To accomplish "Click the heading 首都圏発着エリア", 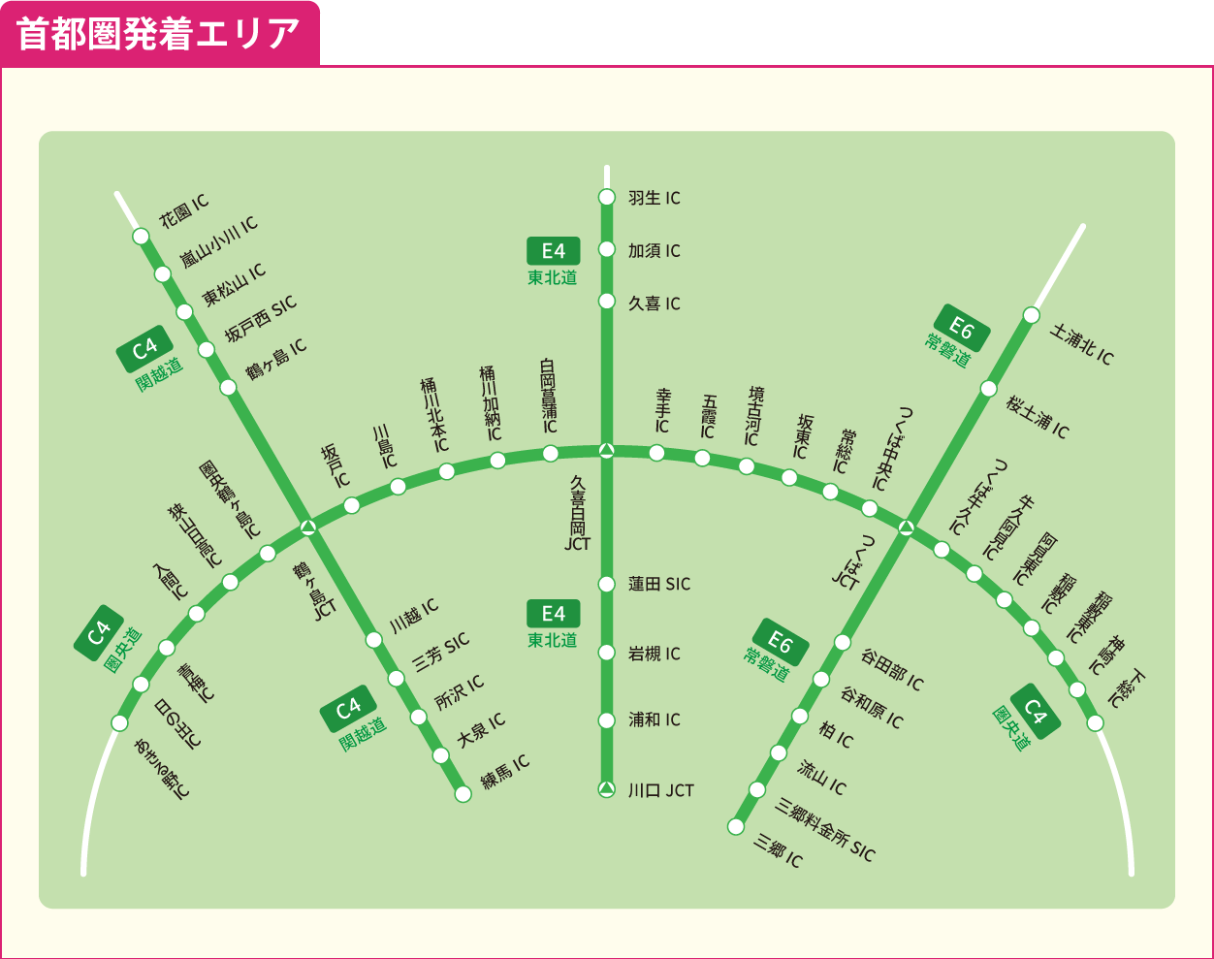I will point(159,34).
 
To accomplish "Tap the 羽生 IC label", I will point(655,198).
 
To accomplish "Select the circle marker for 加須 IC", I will point(607,249).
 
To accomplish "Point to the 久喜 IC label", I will point(655,304).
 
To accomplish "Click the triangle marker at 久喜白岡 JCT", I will point(607,450).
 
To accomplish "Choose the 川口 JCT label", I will point(661,790).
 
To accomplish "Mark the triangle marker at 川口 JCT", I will point(607,788).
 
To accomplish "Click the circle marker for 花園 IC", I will point(142,236).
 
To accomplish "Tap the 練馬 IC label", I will point(505,771).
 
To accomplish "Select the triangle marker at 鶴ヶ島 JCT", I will point(308,527).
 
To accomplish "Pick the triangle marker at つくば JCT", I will point(906,527).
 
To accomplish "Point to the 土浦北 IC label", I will point(1081,344).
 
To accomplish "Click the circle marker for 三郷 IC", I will point(736,827).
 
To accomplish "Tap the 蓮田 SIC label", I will point(659,584).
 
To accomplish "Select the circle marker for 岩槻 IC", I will point(607,653).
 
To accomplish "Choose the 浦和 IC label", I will point(655,719).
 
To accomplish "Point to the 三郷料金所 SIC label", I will point(825,829).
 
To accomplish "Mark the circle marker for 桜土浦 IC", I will point(988,389).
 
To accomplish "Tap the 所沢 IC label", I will point(460,692).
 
